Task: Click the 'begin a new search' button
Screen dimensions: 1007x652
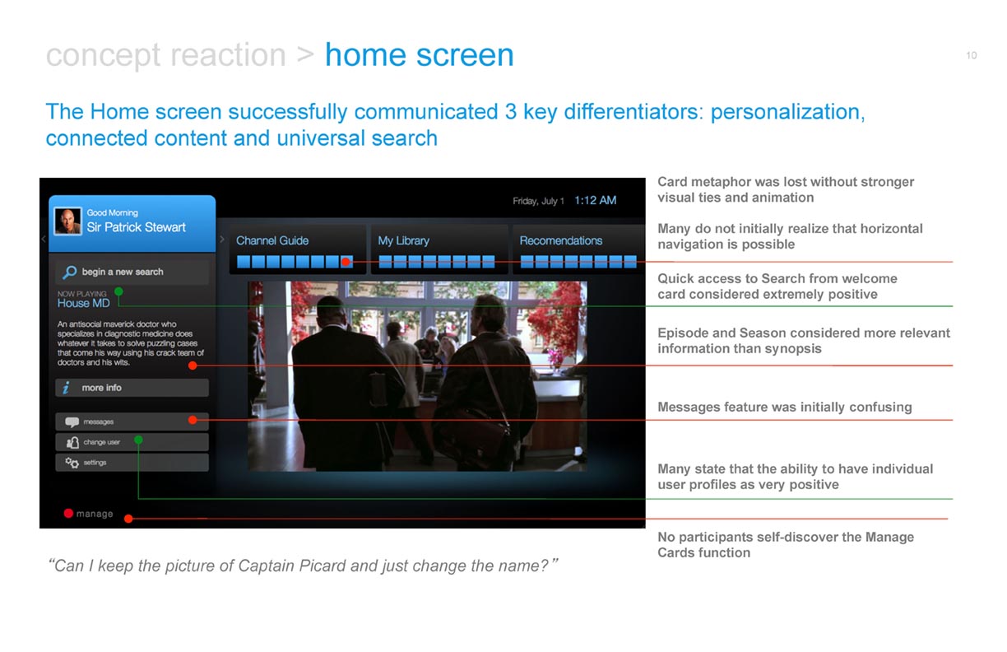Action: click(x=132, y=272)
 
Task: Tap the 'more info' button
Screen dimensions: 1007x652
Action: click(x=132, y=388)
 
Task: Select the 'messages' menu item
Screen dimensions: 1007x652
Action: click(x=132, y=421)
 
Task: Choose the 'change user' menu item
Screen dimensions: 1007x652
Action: click(x=132, y=442)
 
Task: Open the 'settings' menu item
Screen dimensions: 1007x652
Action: click(x=132, y=463)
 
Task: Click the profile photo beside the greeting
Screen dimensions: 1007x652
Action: click(x=68, y=221)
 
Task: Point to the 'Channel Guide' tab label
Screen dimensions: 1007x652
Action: click(x=272, y=240)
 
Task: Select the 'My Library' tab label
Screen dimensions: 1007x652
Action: click(x=403, y=241)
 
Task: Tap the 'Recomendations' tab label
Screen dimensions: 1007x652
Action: click(x=561, y=240)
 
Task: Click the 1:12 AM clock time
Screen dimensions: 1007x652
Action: click(x=595, y=201)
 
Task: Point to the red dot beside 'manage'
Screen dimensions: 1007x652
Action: click(x=68, y=514)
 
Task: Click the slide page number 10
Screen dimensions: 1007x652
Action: click(x=972, y=55)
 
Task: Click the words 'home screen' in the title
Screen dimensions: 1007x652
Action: click(x=420, y=55)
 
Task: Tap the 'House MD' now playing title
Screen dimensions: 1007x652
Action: click(x=84, y=304)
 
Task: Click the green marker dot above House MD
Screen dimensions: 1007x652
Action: click(x=118, y=291)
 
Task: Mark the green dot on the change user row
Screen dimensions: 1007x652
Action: click(x=138, y=440)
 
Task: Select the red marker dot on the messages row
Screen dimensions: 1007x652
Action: click(x=193, y=420)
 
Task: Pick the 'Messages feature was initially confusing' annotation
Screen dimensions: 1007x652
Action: click(x=785, y=407)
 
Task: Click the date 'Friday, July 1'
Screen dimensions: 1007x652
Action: click(x=538, y=201)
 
